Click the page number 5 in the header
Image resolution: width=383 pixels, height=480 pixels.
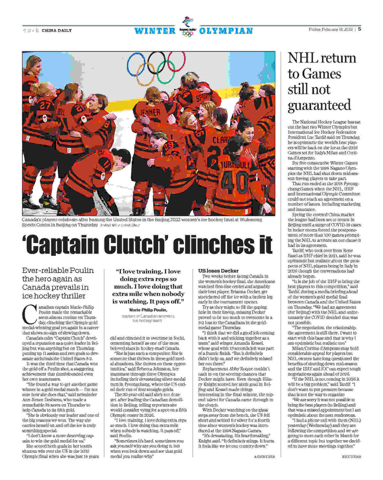tap(359, 29)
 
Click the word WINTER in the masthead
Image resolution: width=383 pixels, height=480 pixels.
tap(155, 31)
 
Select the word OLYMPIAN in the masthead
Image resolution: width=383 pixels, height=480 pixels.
tap(226, 31)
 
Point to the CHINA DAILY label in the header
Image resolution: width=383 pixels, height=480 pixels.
tap(57, 31)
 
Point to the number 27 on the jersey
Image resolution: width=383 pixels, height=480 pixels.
tap(45, 105)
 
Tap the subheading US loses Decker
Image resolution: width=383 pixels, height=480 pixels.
tap(218, 271)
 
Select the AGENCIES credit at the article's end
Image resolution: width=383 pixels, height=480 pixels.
tap(264, 457)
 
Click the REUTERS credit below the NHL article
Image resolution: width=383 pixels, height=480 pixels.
tap(351, 457)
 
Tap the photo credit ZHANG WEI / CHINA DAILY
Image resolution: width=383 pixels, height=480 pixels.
tap(120, 225)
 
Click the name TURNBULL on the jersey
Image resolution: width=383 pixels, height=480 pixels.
tap(236, 165)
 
